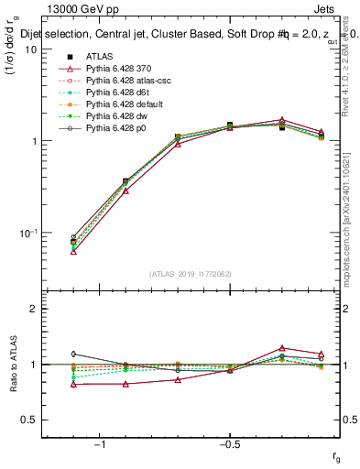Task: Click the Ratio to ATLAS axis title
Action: point(12,365)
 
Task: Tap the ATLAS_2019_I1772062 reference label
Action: point(190,274)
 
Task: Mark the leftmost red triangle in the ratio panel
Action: point(73,384)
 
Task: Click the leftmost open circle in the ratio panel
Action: point(73,354)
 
